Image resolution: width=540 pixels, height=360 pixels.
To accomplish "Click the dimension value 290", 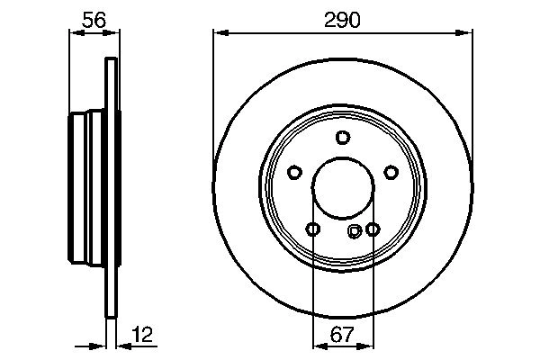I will [x=342, y=19].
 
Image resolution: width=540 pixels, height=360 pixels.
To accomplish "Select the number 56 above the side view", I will [x=93, y=19].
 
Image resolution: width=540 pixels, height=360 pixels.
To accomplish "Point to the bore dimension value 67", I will [x=342, y=335].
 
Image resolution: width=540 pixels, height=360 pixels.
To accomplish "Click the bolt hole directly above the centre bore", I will [x=342, y=137].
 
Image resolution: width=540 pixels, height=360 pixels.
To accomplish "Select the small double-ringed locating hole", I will [x=355, y=231].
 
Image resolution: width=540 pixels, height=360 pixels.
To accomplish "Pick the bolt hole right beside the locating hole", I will [x=372, y=229].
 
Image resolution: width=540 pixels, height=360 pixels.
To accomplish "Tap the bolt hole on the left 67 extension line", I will [x=312, y=229].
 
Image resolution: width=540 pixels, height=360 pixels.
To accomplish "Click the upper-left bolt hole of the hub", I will [x=294, y=172].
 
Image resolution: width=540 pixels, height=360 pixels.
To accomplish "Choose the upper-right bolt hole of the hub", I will [x=391, y=172].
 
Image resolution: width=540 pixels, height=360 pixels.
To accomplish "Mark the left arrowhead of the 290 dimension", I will [x=219, y=34].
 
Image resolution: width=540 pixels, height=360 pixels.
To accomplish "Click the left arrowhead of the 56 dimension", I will [x=75, y=34].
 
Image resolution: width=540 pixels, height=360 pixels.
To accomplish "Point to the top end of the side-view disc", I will [x=112, y=61].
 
